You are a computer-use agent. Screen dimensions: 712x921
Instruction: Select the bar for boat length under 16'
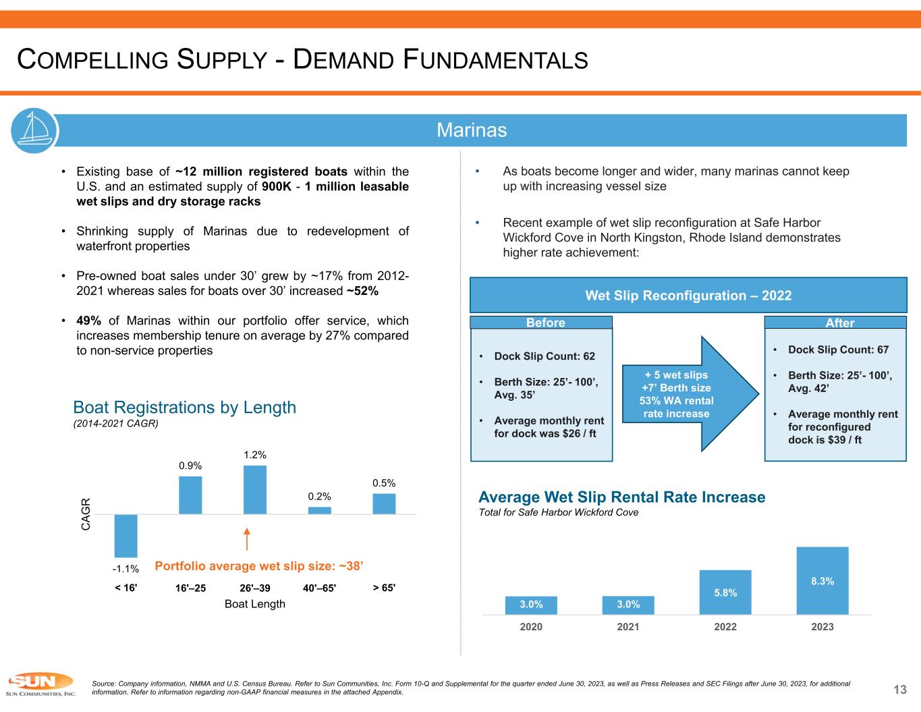(x=126, y=536)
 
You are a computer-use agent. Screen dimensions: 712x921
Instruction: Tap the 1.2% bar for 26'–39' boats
(x=255, y=490)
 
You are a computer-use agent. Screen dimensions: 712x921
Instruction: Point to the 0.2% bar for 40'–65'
(x=320, y=510)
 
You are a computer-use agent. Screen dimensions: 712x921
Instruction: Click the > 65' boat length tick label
(x=385, y=587)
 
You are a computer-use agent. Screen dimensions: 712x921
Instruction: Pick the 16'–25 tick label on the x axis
(x=190, y=588)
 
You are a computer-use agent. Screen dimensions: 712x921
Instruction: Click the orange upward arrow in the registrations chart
(x=248, y=539)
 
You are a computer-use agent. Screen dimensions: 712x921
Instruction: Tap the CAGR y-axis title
(x=86, y=514)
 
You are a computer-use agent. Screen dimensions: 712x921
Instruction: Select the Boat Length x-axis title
(x=255, y=604)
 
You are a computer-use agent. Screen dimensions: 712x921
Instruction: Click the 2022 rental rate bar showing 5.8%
(x=725, y=592)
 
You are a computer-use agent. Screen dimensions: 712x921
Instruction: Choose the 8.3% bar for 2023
(x=822, y=580)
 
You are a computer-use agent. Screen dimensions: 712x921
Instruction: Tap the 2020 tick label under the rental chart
(x=531, y=627)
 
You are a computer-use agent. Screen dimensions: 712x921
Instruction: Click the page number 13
(x=900, y=689)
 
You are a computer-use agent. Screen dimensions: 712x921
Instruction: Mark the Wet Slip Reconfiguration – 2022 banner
(x=688, y=296)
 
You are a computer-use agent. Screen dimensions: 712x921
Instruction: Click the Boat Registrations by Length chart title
(x=184, y=408)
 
